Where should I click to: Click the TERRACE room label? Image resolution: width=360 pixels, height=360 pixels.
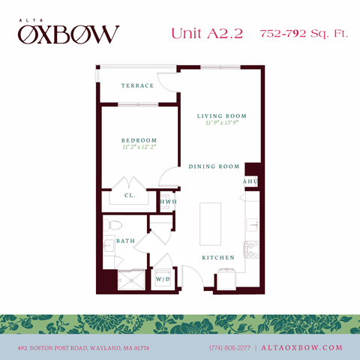coord(137,85)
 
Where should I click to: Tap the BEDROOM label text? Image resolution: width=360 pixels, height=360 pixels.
coord(139,140)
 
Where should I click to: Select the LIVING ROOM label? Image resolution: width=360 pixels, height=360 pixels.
coord(221,116)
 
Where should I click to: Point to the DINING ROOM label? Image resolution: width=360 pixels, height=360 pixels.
coord(214,166)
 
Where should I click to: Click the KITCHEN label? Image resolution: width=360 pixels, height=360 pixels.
coord(217,257)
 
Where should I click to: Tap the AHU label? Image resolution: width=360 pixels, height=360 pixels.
coord(250,182)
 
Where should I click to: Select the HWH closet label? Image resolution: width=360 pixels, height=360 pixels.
coord(168,201)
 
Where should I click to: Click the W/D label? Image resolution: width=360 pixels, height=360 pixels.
coord(163,279)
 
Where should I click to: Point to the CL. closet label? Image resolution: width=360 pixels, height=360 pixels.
coord(129,195)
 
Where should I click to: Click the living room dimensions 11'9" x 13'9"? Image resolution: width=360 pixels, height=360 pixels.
coord(221,124)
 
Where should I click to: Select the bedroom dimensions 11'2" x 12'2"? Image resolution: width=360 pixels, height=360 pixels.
coord(139,148)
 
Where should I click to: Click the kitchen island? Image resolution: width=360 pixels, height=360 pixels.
coord(212,224)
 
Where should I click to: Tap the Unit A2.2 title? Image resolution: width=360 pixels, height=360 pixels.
coord(207,34)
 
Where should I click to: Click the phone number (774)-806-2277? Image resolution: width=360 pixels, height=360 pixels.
coord(230,348)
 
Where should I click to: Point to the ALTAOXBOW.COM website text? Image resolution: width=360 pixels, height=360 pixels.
coord(303,348)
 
